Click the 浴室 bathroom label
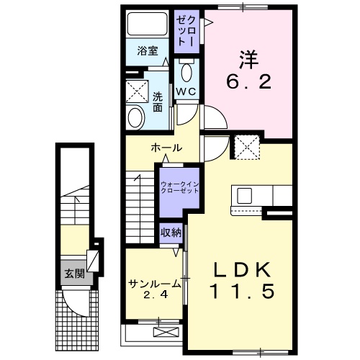pyautogui.click(x=148, y=51)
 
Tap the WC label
pyautogui.click(x=186, y=92)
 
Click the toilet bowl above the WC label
pyautogui.click(x=186, y=73)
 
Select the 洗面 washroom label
pyautogui.click(x=158, y=102)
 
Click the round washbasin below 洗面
pyautogui.click(x=135, y=118)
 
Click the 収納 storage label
pyautogui.click(x=171, y=232)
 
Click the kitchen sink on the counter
pyautogui.click(x=243, y=195)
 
